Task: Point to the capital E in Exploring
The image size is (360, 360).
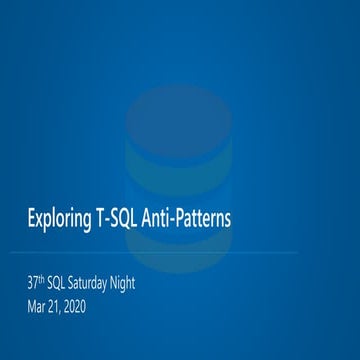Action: coord(30,217)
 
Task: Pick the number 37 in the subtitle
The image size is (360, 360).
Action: coord(33,283)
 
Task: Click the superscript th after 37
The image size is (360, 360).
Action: coord(43,279)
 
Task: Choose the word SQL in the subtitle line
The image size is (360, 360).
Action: coord(61,283)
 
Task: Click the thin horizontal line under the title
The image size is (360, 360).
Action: coord(180,253)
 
